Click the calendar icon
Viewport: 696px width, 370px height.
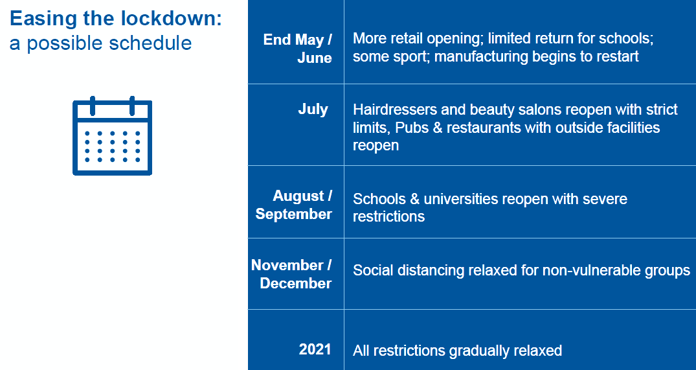(112, 136)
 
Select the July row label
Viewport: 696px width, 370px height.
(313, 110)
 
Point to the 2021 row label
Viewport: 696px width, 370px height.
(315, 349)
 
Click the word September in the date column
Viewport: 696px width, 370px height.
(294, 214)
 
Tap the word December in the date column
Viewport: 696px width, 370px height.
(296, 283)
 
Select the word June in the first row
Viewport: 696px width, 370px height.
(315, 58)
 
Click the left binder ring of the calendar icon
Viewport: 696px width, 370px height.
(93, 106)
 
